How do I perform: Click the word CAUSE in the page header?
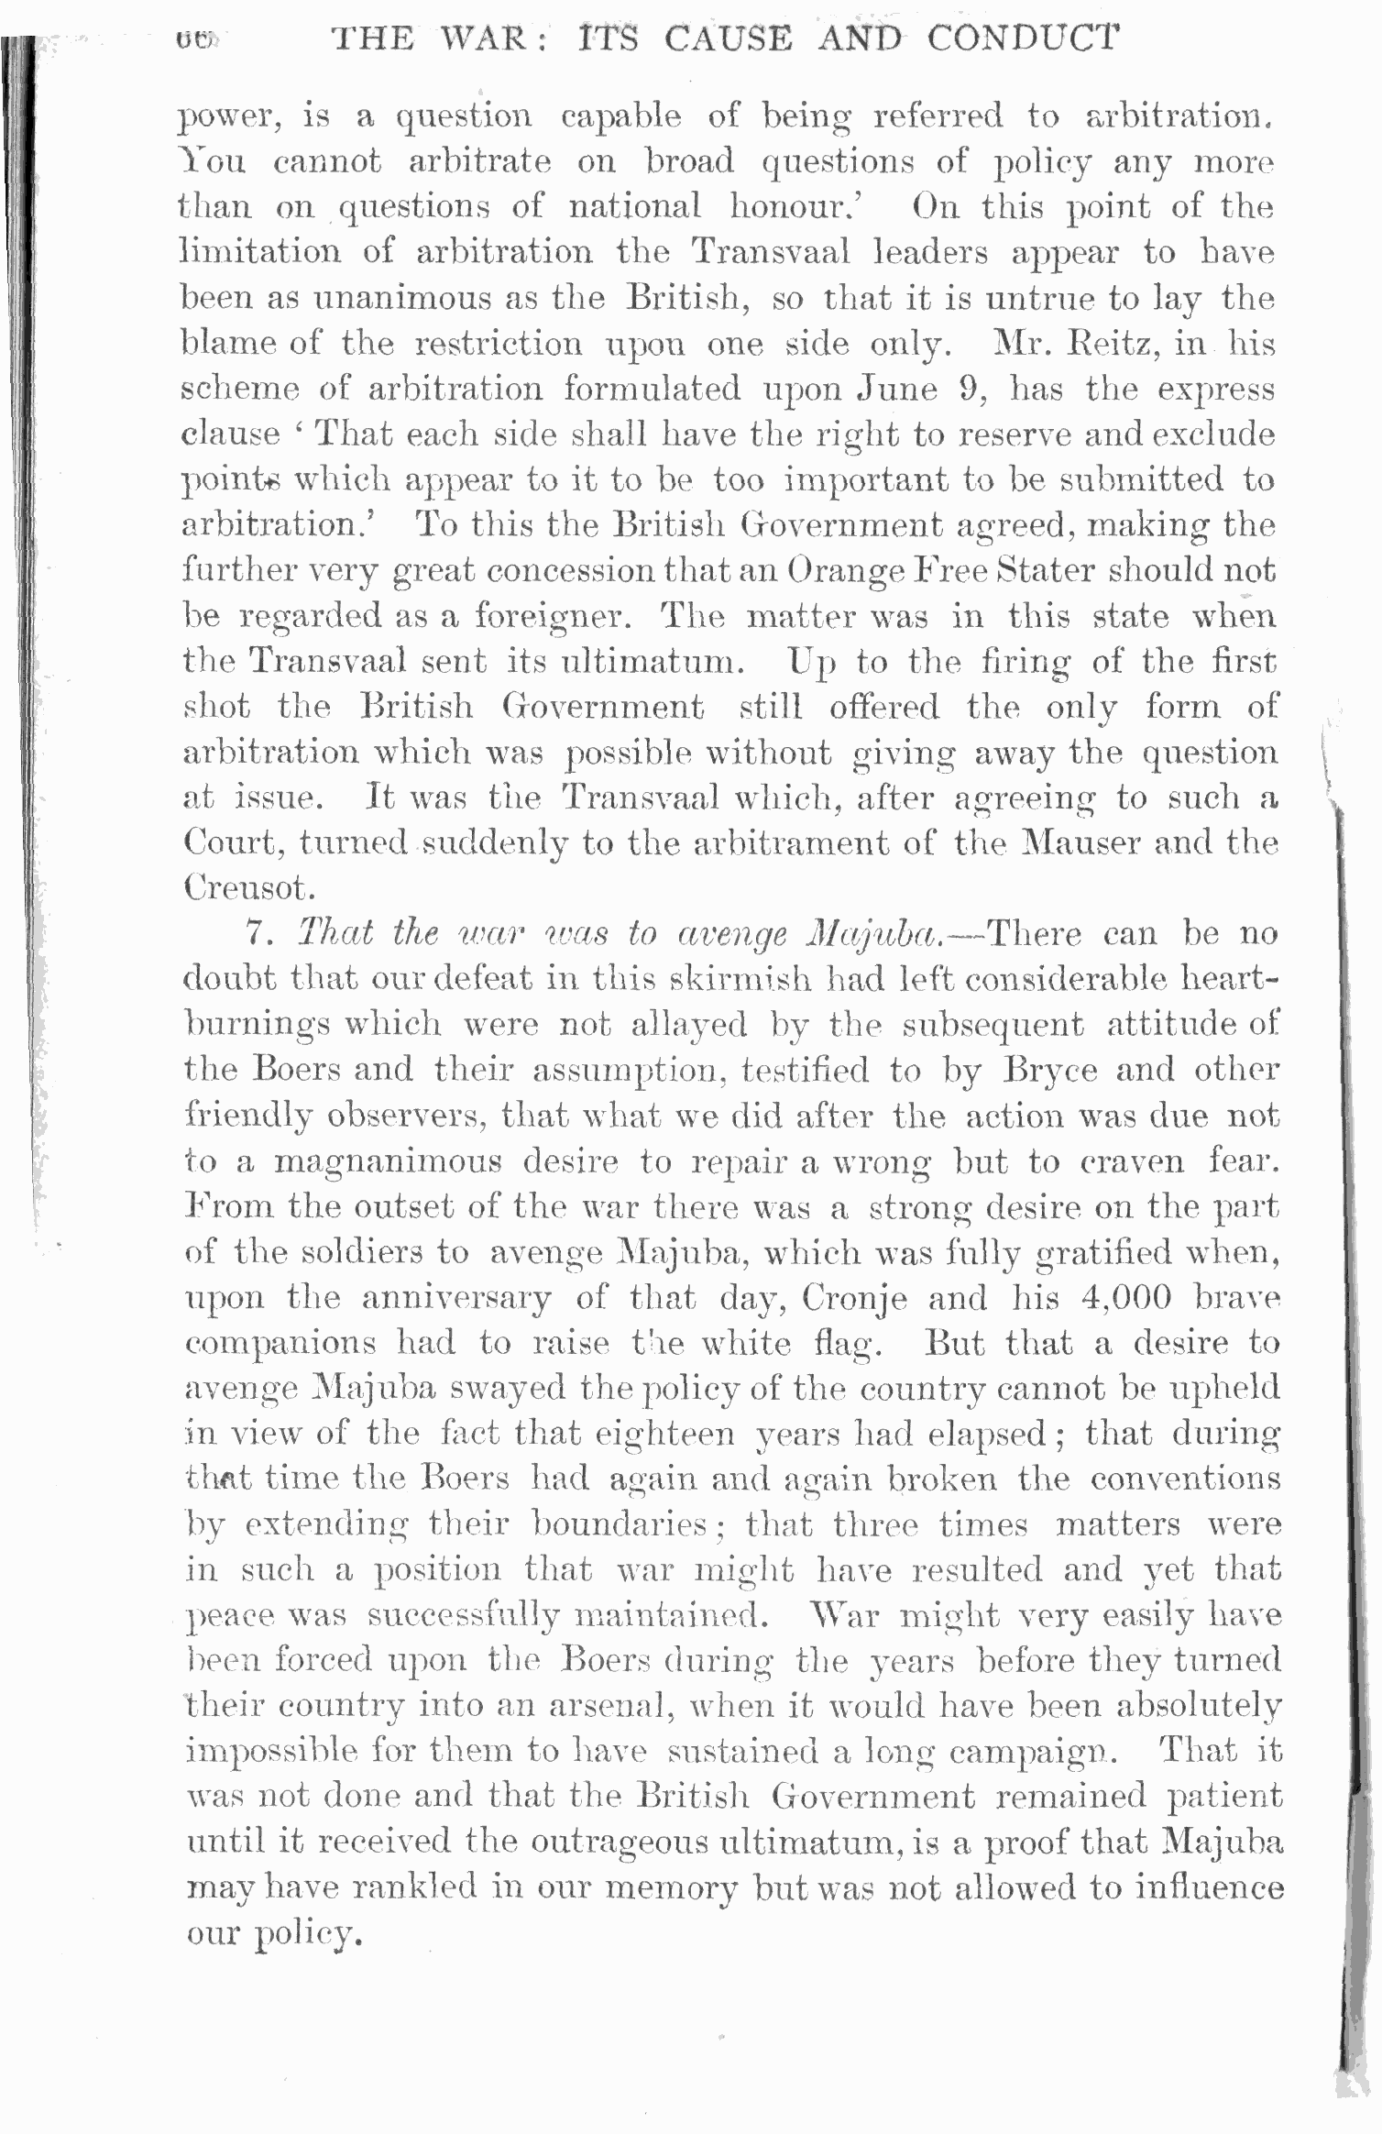click(729, 39)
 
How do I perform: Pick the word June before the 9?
click(897, 390)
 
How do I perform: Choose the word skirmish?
click(740, 979)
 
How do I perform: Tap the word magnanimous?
click(388, 1162)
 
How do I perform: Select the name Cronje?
click(855, 1299)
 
